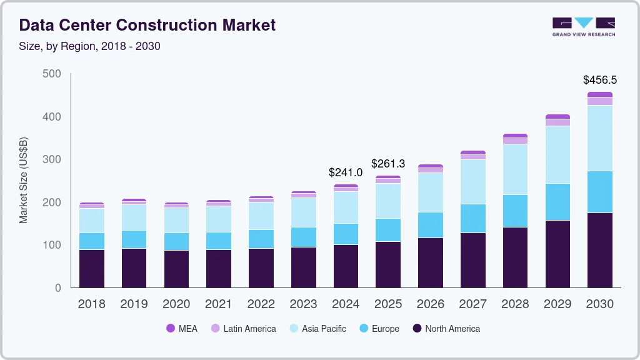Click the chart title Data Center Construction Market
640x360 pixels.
(147, 26)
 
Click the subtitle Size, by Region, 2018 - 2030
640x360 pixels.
(89, 46)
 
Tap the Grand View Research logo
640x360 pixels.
(584, 26)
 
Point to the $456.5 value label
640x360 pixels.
(599, 80)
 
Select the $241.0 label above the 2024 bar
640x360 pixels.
(346, 172)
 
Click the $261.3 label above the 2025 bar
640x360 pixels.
(388, 164)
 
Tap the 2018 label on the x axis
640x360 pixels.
(91, 304)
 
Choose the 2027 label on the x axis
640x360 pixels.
(472, 304)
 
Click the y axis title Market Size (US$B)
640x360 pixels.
(24, 180)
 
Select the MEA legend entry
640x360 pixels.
(182, 329)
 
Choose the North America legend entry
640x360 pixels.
(446, 329)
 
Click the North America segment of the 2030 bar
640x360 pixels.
(599, 250)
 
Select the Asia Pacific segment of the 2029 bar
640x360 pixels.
(557, 154)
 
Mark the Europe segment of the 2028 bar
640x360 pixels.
(515, 211)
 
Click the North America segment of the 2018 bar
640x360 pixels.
(91, 269)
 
